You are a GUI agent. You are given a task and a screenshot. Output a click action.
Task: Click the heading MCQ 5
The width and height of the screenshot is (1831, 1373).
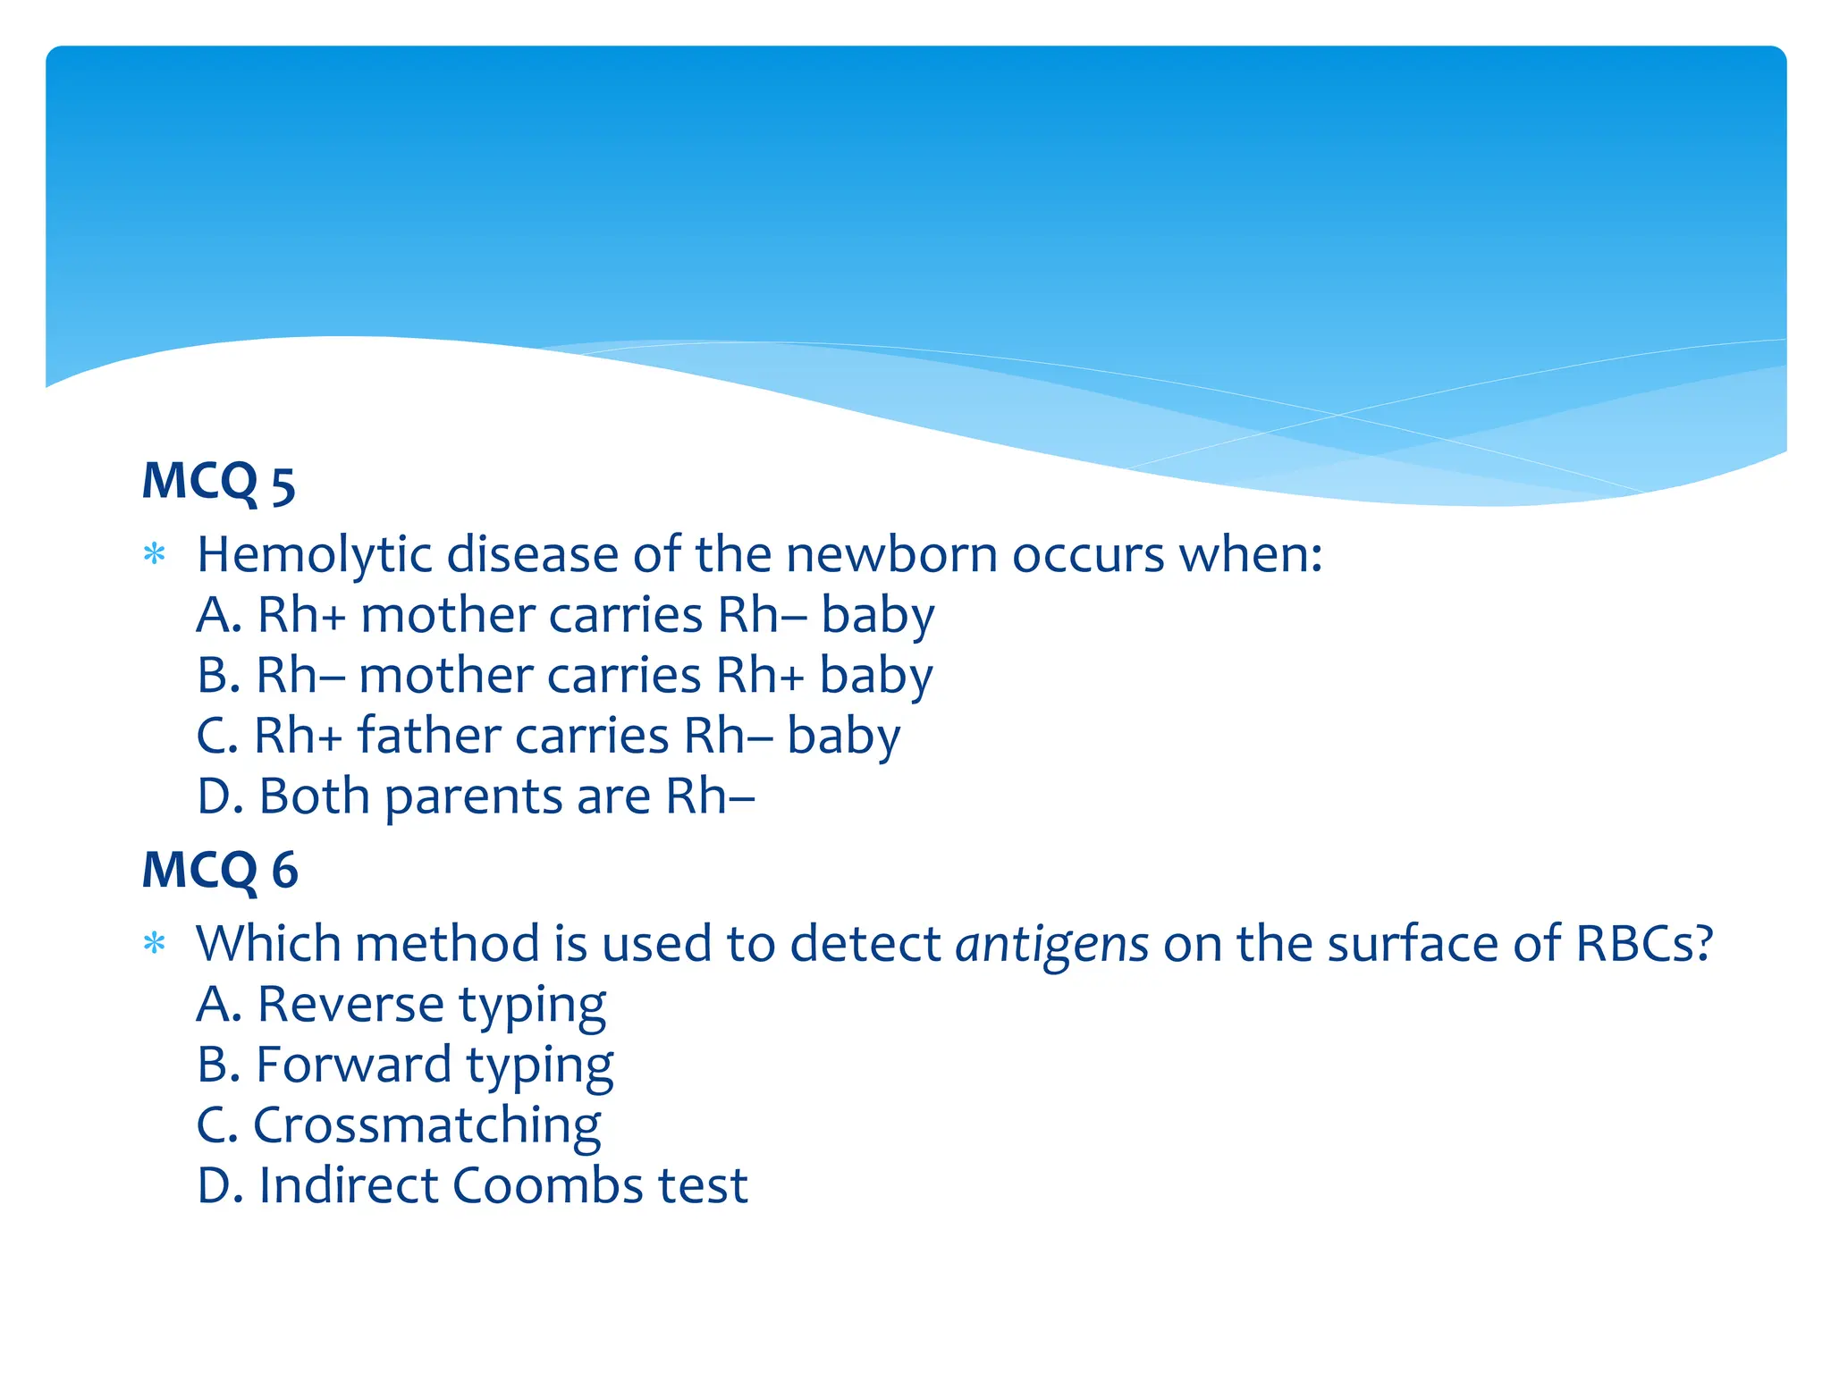click(x=219, y=483)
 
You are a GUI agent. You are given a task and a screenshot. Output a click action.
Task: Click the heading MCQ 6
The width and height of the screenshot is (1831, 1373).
click(x=220, y=871)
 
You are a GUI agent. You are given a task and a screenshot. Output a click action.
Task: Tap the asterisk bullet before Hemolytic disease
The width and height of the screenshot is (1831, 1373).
click(x=155, y=554)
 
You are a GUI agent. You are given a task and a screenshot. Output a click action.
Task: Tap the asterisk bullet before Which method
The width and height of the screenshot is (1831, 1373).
click(x=155, y=943)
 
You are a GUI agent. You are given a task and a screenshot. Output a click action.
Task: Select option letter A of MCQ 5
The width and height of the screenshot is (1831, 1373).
click(x=218, y=616)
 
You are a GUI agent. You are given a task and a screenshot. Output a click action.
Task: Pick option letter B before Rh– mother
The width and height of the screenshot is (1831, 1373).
click(x=218, y=676)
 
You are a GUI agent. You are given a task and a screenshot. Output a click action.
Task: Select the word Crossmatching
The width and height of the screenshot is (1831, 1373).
click(x=426, y=1125)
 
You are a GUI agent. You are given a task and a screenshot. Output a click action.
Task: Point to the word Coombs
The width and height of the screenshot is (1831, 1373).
click(x=547, y=1186)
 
